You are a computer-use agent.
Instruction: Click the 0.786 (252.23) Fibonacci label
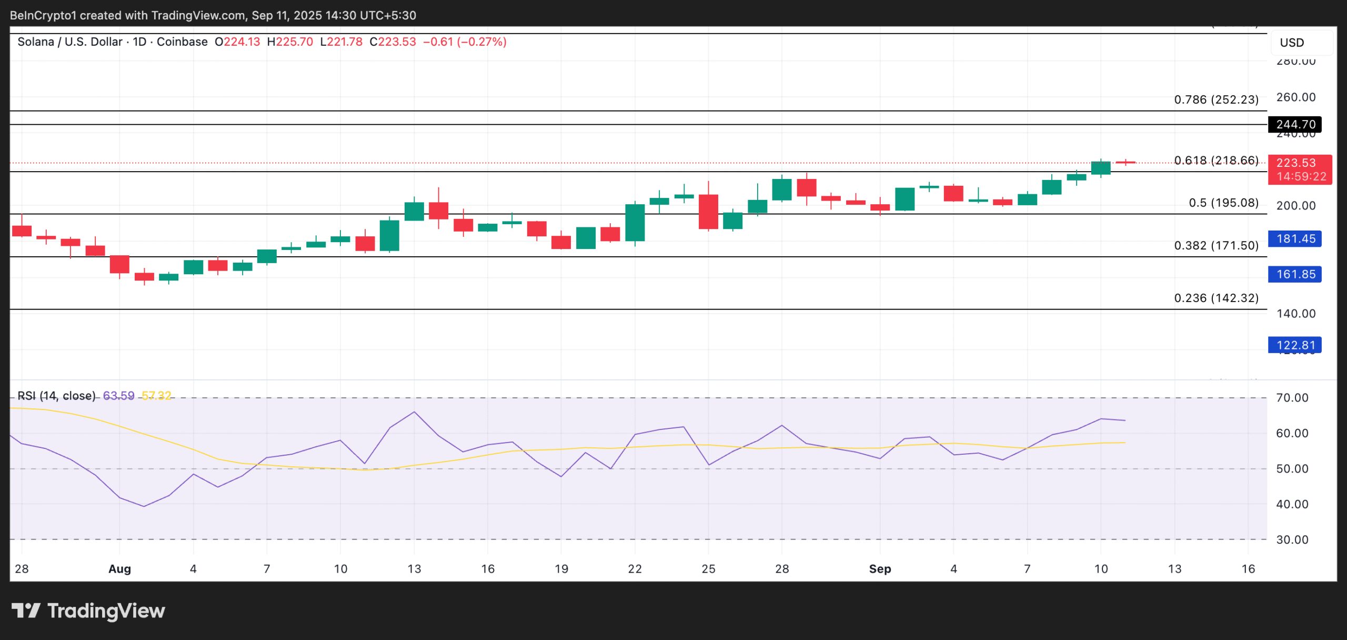(x=1216, y=99)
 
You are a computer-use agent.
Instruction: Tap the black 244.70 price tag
(x=1295, y=124)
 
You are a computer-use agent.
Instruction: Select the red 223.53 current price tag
(x=1299, y=169)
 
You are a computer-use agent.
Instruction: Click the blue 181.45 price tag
(x=1295, y=238)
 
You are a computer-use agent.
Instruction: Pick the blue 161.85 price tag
(x=1295, y=274)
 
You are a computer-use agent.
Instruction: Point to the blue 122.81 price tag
(x=1295, y=345)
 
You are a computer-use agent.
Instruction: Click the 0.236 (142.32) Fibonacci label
(x=1216, y=298)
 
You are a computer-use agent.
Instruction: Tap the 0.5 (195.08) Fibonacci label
(x=1223, y=203)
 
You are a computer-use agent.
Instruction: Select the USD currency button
(x=1292, y=43)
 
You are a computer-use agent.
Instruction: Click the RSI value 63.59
(x=118, y=395)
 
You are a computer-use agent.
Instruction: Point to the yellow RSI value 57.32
(x=156, y=395)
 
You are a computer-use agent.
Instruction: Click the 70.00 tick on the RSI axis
(x=1292, y=398)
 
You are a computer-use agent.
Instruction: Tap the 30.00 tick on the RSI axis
(x=1292, y=539)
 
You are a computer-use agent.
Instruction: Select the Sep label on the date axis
(x=880, y=569)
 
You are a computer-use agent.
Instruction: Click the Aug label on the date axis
(x=119, y=569)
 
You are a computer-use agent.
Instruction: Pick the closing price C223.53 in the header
(x=393, y=42)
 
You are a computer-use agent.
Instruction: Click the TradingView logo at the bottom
(x=88, y=611)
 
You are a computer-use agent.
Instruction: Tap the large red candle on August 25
(x=708, y=212)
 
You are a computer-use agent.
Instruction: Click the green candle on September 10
(x=1101, y=168)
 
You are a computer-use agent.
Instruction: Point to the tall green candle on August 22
(x=635, y=223)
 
